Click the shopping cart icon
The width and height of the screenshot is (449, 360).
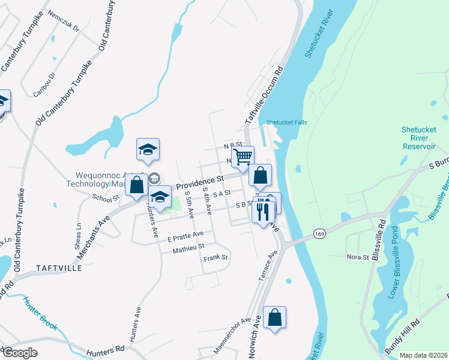click(243, 157)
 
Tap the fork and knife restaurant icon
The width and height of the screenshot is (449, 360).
click(264, 212)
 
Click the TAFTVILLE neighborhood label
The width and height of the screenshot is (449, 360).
click(58, 268)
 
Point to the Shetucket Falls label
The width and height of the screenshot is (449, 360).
click(286, 122)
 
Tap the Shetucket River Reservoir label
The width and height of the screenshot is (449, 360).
click(418, 139)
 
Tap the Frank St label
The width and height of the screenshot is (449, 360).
click(215, 258)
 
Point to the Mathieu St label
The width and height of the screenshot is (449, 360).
click(188, 246)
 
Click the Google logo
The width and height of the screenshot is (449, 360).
click(20, 353)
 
